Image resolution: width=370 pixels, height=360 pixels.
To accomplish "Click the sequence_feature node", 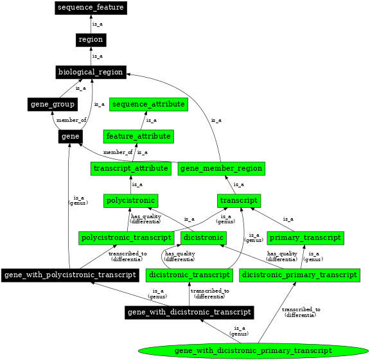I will tap(91, 8).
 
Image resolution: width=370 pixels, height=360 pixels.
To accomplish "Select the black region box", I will tap(91, 40).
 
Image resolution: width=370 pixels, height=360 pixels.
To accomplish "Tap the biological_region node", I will tap(90, 72).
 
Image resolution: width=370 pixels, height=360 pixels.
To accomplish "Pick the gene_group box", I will tap(53, 104).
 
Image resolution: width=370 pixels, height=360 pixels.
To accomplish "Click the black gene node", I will tap(70, 137).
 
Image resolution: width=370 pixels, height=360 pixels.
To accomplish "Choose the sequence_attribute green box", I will tap(148, 104).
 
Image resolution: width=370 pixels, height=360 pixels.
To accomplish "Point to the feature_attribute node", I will tap(139, 137).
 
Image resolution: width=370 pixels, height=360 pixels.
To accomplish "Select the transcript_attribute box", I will tap(130, 169).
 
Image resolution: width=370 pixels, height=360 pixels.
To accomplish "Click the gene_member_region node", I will tap(222, 169).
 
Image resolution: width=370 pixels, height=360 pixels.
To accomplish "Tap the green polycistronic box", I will tap(131, 201).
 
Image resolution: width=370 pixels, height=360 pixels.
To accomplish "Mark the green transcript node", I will tap(239, 201).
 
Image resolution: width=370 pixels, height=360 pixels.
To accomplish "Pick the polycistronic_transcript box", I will tap(126, 238).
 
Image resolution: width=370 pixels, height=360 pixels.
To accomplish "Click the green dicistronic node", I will tap(204, 238).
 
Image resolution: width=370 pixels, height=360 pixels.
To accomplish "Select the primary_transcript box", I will tap(305, 238).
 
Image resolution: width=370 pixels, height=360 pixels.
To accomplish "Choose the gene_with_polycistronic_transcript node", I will tap(70, 275).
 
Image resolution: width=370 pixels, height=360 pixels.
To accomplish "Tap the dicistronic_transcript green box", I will tap(189, 275).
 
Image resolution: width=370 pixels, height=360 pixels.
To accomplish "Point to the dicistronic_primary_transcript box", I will tap(299, 275).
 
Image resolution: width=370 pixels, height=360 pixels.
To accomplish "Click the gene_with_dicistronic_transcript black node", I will tap(189, 313).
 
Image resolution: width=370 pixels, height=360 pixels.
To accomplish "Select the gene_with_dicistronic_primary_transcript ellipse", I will tap(253, 350).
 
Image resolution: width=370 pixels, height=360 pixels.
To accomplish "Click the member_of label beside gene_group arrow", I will tap(71, 120).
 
